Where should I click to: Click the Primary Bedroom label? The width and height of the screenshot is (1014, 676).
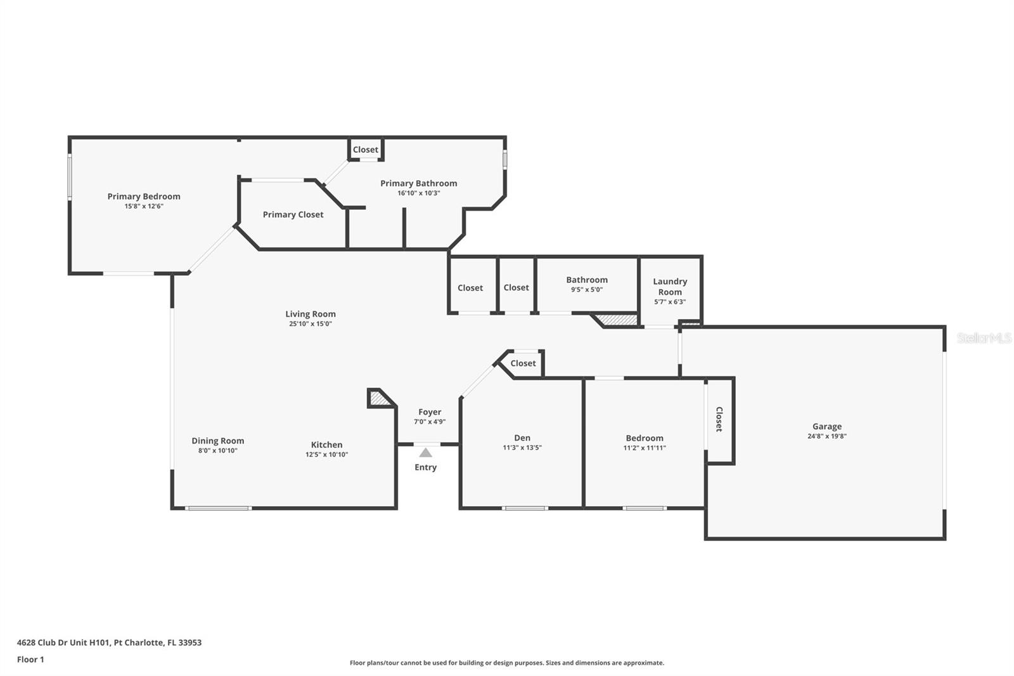[143, 196]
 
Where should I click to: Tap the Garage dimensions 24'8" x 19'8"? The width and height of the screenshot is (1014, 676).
[826, 436]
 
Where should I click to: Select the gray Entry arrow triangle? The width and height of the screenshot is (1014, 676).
[425, 452]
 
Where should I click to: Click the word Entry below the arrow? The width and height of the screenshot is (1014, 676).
[425, 467]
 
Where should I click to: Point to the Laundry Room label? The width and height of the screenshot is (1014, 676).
[670, 287]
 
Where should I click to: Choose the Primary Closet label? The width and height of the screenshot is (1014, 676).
[293, 214]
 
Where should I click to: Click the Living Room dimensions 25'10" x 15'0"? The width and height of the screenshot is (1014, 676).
[311, 324]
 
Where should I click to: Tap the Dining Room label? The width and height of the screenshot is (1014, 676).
[218, 440]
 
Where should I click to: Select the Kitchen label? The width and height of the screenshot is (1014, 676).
[326, 445]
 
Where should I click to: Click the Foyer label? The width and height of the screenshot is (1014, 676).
[430, 412]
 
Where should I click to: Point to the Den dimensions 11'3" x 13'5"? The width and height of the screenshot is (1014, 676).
[522, 448]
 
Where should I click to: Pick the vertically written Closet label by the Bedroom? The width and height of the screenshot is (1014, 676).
[719, 419]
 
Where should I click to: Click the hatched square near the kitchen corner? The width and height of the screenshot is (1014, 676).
[380, 398]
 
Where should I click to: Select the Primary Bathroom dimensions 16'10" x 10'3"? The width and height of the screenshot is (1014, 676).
[419, 193]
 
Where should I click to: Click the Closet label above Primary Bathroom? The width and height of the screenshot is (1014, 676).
[365, 150]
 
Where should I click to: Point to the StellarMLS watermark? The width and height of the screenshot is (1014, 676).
[984, 338]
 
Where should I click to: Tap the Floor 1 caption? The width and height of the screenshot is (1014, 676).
[30, 660]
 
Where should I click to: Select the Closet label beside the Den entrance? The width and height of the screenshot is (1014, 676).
[523, 363]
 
